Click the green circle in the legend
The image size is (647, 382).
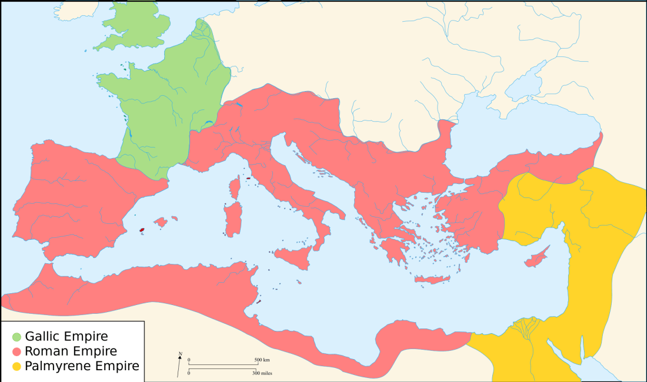[17, 337]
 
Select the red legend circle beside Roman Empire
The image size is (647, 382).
[17, 351]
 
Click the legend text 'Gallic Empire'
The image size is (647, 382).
[66, 337]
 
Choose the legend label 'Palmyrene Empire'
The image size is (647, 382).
[82, 366]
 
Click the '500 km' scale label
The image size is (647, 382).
[262, 360]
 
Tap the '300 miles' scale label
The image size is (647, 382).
[262, 373]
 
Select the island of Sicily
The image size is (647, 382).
[294, 256]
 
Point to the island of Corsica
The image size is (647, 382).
[235, 188]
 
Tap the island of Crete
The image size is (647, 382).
[432, 280]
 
